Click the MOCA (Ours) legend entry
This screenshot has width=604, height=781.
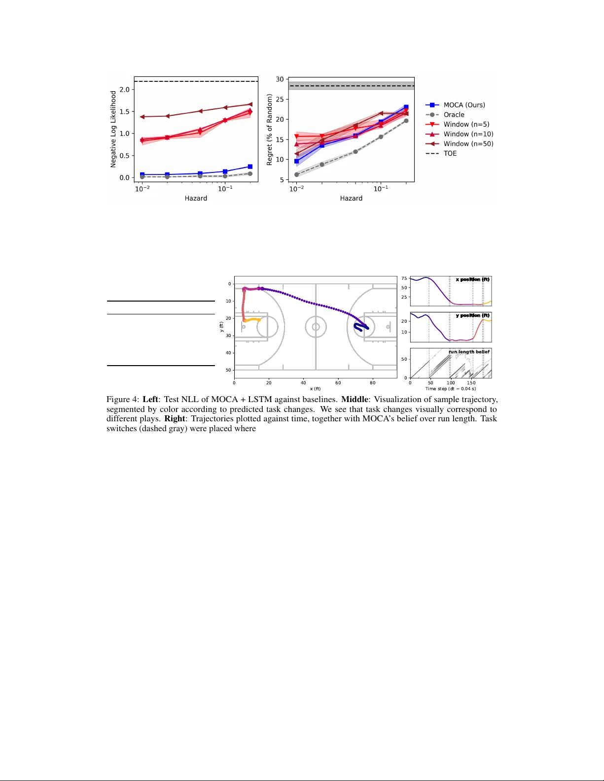pyautogui.click(x=464, y=105)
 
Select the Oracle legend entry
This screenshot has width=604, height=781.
pyautogui.click(x=454, y=115)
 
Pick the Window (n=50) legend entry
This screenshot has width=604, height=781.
pyautogui.click(x=468, y=144)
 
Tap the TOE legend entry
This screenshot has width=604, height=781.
pyautogui.click(x=450, y=153)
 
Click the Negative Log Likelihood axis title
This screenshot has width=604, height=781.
pyautogui.click(x=113, y=129)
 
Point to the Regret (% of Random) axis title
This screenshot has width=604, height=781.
pyautogui.click(x=269, y=130)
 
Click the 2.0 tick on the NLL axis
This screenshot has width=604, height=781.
pyautogui.click(x=124, y=90)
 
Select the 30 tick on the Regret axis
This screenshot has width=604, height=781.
pyautogui.click(x=280, y=79)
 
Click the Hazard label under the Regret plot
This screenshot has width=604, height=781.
pyautogui.click(x=351, y=198)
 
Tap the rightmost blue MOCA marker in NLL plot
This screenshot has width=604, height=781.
pyautogui.click(x=250, y=167)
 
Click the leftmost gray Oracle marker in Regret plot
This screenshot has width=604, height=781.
pyautogui.click(x=296, y=174)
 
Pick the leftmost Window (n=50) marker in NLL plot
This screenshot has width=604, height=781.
pyautogui.click(x=142, y=117)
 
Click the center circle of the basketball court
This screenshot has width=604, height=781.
pyautogui.click(x=316, y=327)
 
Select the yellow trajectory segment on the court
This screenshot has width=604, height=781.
pyautogui.click(x=252, y=320)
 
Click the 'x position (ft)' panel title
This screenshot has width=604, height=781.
pyautogui.click(x=472, y=279)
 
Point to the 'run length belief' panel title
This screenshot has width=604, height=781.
pyautogui.click(x=469, y=352)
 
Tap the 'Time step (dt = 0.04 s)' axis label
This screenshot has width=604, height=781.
pyautogui.click(x=451, y=389)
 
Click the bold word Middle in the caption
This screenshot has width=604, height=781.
pyautogui.click(x=355, y=400)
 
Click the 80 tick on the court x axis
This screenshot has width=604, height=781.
pyautogui.click(x=373, y=382)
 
